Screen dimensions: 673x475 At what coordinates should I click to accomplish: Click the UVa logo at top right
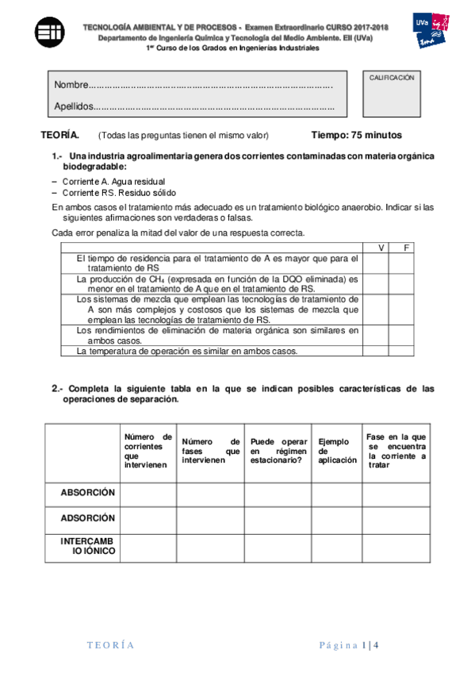[429, 30]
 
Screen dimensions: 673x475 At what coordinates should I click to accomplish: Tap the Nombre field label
[71, 85]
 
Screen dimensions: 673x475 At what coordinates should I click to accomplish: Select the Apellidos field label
[74, 106]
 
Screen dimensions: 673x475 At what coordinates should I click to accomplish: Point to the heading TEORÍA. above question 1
[60, 136]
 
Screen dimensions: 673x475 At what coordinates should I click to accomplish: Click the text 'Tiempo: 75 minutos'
[356, 136]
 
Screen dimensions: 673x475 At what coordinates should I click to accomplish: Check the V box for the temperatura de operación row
[376, 351]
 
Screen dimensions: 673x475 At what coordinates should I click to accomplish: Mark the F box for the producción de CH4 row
[402, 284]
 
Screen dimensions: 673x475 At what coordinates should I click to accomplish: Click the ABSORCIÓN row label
[88, 493]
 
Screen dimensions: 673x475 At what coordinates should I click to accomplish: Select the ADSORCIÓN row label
[88, 518]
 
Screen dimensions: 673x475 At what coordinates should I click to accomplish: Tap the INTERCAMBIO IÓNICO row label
[88, 547]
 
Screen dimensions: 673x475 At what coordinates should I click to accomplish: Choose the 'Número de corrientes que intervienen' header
[147, 451]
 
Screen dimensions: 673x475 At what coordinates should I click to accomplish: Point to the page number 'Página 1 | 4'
[350, 644]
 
